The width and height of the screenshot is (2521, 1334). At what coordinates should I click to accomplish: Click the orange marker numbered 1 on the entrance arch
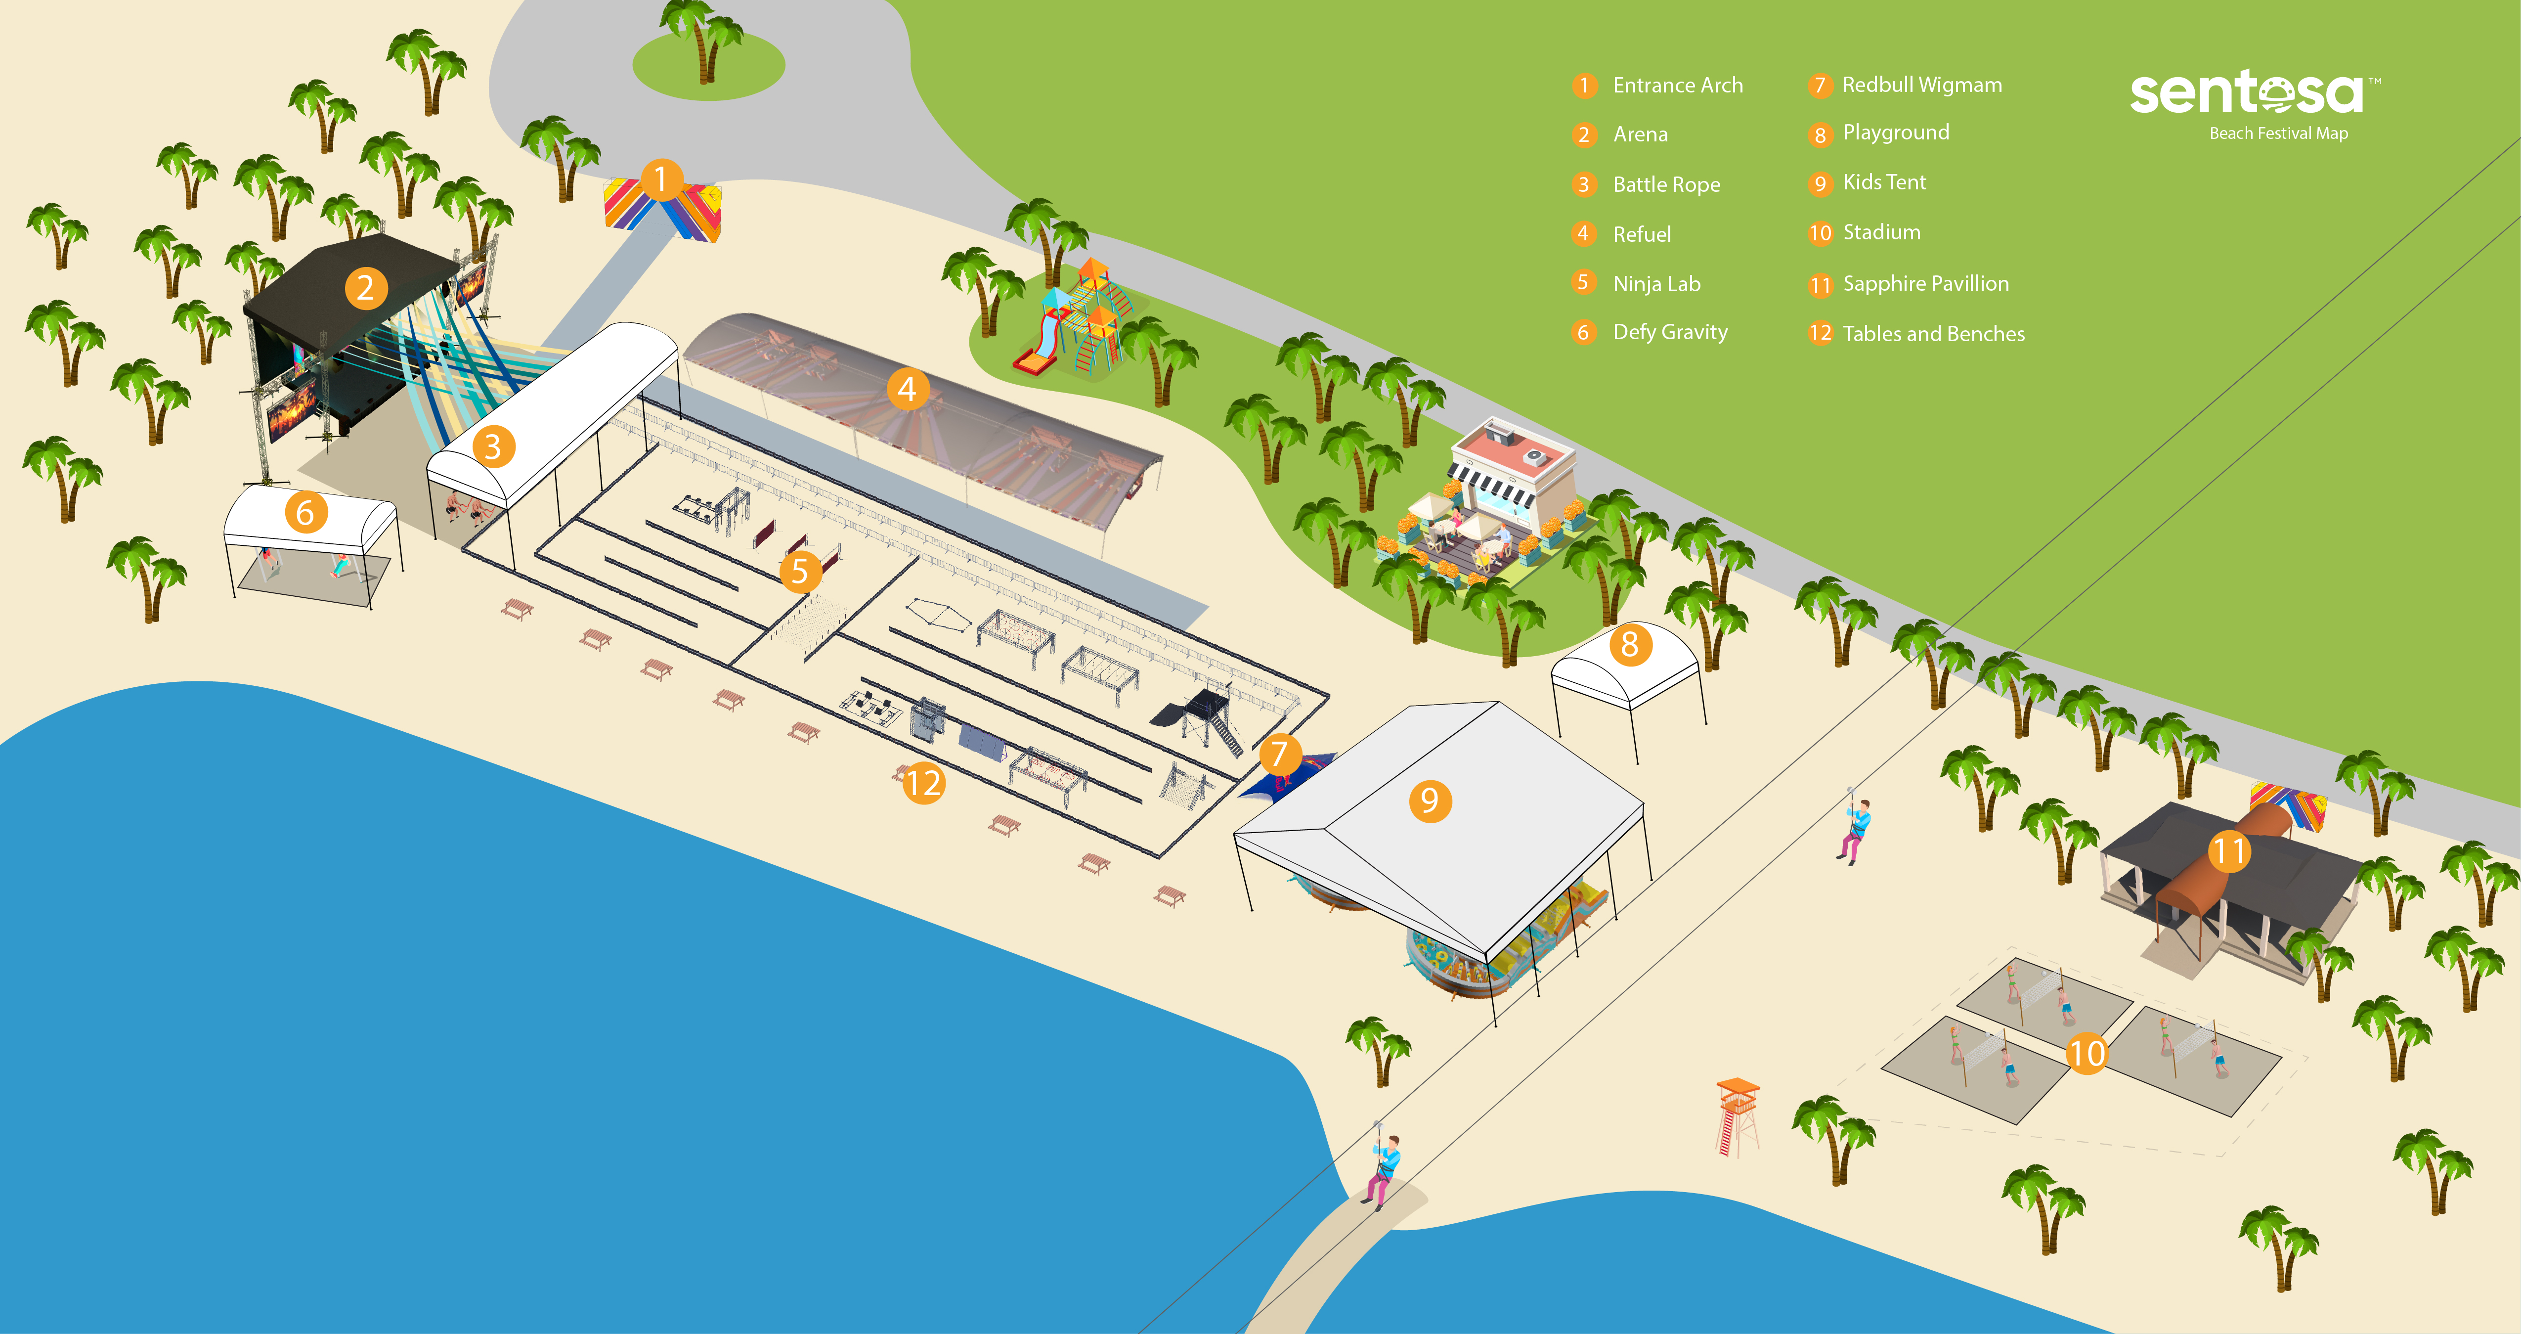click(x=660, y=179)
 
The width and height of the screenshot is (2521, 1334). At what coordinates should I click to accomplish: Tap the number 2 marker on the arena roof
click(x=365, y=288)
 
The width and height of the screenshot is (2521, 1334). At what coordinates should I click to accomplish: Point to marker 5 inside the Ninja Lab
click(x=800, y=571)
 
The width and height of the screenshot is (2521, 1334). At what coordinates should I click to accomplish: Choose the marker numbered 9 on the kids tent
click(x=1430, y=800)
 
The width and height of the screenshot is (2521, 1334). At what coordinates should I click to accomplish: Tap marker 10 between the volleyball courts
click(x=2086, y=1053)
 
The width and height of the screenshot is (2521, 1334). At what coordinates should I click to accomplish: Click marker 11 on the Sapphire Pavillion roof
click(x=2229, y=850)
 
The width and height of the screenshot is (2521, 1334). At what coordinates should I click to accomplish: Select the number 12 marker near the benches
click(x=923, y=783)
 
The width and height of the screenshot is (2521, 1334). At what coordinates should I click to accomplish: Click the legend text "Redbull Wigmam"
click(x=1922, y=85)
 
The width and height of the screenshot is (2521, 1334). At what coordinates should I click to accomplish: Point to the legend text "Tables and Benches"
click(x=1934, y=334)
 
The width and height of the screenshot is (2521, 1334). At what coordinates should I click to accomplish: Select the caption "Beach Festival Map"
click(x=2278, y=133)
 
